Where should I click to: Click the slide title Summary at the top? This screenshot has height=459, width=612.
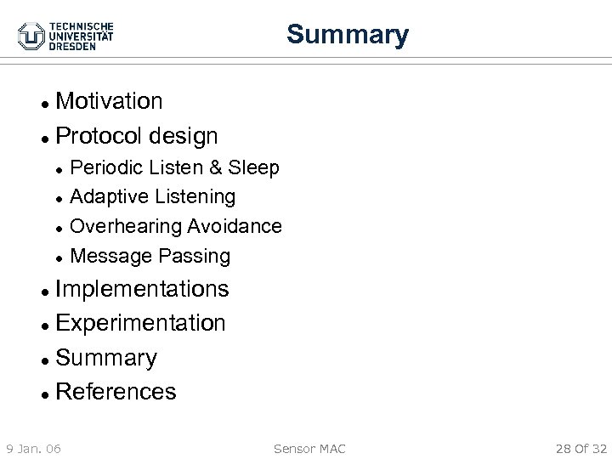347,35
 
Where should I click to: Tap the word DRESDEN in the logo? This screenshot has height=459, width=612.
72,47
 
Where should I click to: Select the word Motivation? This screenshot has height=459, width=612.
109,101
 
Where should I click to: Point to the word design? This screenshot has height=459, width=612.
183,135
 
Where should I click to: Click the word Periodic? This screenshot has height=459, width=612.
104,167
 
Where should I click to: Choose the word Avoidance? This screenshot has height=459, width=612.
234,226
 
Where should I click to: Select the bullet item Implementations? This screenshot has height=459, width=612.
141,289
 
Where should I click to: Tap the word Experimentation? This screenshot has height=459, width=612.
140,323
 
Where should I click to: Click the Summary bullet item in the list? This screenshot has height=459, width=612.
105,358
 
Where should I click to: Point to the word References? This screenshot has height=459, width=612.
116,392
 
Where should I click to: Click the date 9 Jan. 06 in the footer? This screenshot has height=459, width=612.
33,447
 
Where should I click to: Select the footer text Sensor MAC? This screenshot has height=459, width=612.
309,447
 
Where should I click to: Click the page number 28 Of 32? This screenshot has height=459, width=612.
581,447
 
